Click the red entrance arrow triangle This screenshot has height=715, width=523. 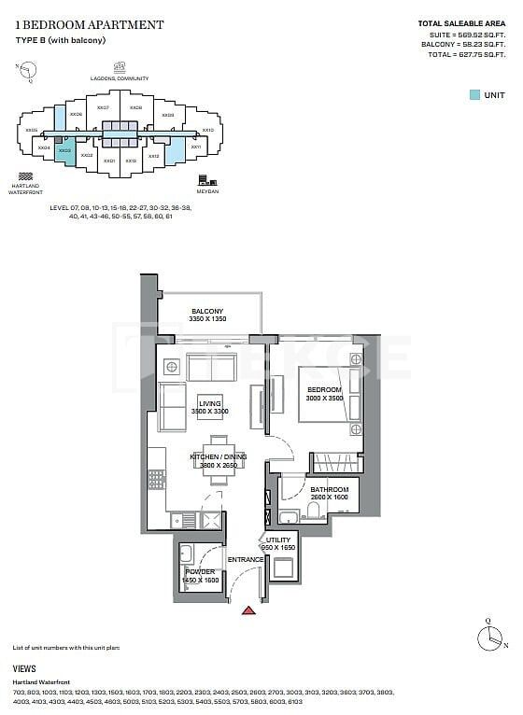[248, 611]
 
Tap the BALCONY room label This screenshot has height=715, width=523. [206, 312]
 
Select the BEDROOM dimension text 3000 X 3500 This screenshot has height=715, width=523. [325, 397]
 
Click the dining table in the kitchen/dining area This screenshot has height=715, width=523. [218, 460]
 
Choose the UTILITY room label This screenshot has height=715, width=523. [278, 540]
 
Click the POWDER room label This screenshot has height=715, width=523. [200, 571]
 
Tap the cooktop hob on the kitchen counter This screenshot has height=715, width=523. [156, 480]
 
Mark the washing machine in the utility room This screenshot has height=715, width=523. [283, 566]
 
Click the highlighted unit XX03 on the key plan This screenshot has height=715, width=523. [64, 149]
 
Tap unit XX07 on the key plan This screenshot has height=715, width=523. [103, 108]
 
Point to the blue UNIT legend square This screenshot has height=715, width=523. [474, 94]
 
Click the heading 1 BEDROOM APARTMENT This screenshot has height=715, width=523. [89, 25]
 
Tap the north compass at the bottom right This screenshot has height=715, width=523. [488, 638]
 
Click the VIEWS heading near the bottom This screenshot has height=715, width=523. [25, 669]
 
